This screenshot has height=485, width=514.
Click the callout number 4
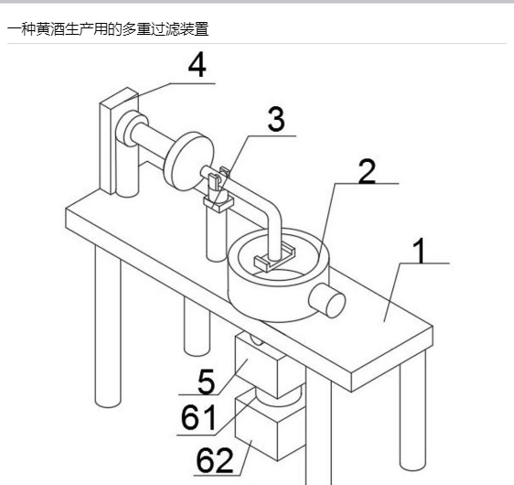point(198,66)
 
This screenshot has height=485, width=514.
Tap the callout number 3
point(276,120)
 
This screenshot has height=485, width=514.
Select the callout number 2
point(367,171)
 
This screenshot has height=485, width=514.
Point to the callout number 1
point(420,251)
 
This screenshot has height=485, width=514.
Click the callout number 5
point(207,382)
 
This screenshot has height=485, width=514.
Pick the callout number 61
point(198,416)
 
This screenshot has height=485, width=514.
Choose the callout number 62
point(215,459)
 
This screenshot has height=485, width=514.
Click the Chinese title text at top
point(108,29)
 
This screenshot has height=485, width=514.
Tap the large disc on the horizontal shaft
point(188,161)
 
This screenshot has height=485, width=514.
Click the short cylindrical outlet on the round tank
point(327,300)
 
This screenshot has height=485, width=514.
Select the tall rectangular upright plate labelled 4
point(119,141)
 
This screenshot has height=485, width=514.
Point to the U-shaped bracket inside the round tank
point(274,257)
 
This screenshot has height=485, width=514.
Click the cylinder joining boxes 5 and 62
point(279,396)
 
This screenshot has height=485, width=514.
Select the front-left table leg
point(108,327)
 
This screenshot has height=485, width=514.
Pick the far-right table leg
point(412,411)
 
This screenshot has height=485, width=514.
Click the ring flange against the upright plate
point(131,128)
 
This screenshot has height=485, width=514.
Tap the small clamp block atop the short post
point(218,203)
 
